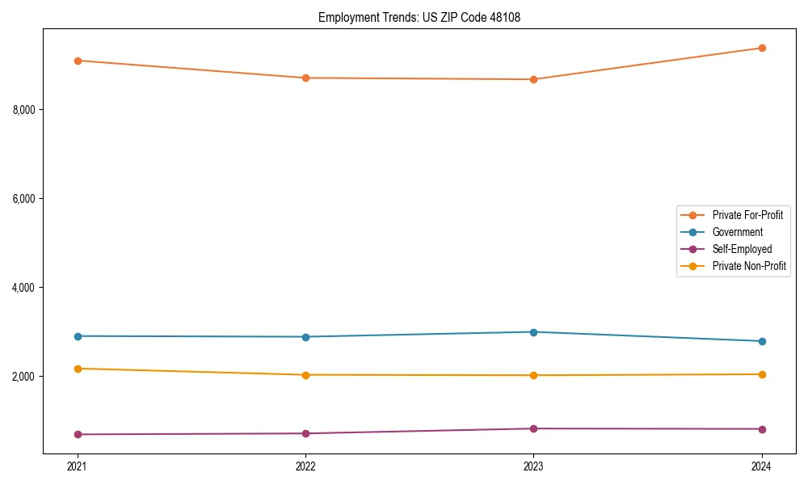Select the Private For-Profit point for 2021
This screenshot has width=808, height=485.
(78, 61)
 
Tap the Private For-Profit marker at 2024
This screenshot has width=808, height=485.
(762, 48)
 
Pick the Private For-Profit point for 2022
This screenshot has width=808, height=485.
(305, 78)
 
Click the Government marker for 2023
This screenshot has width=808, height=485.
(533, 332)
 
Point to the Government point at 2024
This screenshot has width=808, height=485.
(762, 341)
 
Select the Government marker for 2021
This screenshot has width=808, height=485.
(78, 336)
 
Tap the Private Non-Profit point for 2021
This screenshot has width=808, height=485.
(78, 369)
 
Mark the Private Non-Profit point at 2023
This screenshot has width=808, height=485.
(533, 375)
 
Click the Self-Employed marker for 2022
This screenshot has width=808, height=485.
(305, 433)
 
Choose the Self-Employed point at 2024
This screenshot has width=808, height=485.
(762, 429)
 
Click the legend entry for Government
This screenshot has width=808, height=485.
(737, 232)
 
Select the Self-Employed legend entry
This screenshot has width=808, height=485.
(742, 249)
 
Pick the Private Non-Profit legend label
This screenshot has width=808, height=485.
(749, 266)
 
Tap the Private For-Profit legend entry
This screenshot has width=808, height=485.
(747, 215)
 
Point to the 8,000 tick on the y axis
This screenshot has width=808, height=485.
(28, 110)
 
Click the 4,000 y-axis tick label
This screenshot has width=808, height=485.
(28, 288)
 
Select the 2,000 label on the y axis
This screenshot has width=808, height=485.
(28, 377)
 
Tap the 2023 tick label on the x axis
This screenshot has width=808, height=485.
(533, 466)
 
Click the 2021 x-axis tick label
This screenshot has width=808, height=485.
(78, 466)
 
